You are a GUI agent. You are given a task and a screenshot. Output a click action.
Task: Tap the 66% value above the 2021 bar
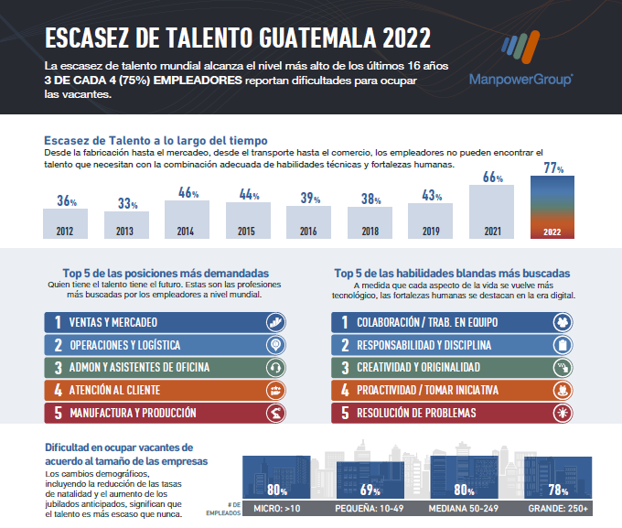click(x=492, y=178)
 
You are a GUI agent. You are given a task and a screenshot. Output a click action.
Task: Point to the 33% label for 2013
click(x=126, y=204)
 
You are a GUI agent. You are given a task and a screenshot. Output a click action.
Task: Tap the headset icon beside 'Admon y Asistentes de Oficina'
click(x=273, y=368)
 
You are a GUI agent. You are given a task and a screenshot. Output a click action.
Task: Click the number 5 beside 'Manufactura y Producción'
click(x=58, y=413)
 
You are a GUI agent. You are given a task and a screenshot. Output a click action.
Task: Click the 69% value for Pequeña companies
click(x=370, y=490)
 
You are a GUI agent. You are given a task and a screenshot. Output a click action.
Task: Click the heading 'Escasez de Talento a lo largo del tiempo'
click(x=155, y=140)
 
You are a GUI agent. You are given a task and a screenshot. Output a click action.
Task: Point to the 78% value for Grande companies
click(x=558, y=490)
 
